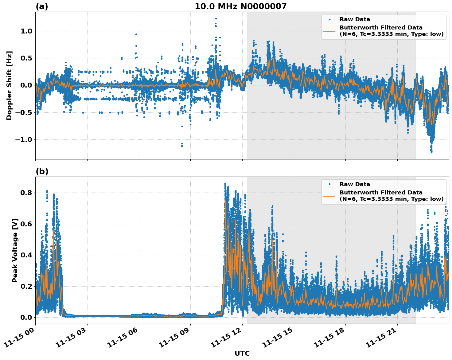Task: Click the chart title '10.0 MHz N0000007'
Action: tap(240, 6)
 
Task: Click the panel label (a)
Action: tap(42, 6)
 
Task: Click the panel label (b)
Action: tap(42, 171)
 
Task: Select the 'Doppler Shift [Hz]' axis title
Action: tap(9, 85)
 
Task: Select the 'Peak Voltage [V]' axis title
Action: tap(15, 250)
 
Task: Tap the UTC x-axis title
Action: tap(242, 354)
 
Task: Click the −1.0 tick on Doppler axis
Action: tap(24, 139)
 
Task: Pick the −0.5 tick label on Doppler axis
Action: tap(24, 112)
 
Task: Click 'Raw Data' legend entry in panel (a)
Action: tap(355, 20)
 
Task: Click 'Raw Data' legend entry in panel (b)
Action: tap(355, 184)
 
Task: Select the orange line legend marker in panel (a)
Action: tap(329, 31)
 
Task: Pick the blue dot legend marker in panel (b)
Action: tap(329, 184)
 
